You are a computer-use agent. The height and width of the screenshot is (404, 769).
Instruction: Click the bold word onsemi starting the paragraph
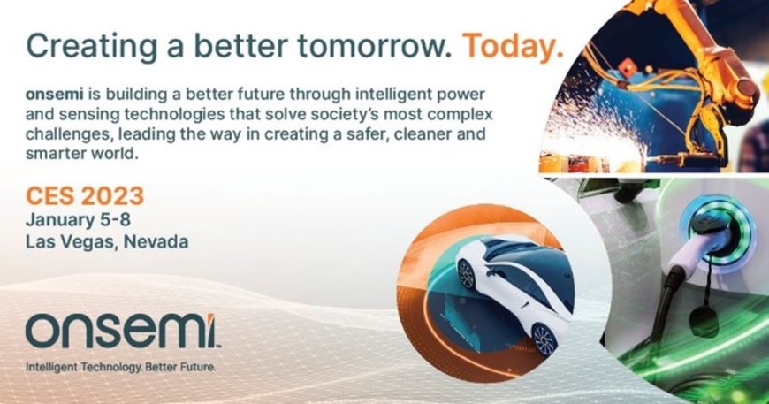click(52, 93)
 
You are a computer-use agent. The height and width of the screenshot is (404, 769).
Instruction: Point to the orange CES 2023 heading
click(85, 196)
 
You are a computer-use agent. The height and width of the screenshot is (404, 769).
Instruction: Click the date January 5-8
click(79, 219)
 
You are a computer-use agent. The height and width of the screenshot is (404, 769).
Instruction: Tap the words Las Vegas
click(66, 240)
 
